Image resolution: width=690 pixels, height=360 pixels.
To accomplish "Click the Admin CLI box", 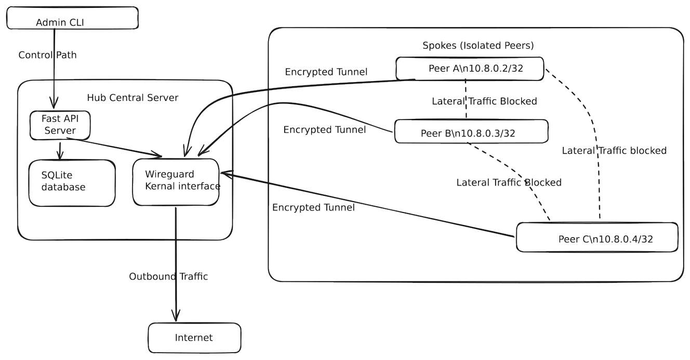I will (x=72, y=18).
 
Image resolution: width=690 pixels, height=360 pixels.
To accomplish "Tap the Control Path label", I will (x=47, y=55).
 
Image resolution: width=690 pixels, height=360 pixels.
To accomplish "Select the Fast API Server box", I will (x=59, y=125).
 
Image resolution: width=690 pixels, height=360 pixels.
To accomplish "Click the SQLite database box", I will (x=71, y=182).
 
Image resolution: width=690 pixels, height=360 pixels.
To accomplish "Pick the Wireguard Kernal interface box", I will (x=176, y=181).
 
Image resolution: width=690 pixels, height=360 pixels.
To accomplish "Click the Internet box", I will (x=194, y=338).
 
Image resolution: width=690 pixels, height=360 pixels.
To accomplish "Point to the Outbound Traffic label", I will (x=168, y=276).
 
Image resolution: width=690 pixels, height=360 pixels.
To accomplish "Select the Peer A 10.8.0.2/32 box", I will (x=470, y=69).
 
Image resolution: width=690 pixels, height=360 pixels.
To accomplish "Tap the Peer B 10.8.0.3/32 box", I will (x=471, y=131).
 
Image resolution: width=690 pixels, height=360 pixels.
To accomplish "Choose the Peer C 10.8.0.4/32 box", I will (x=597, y=238).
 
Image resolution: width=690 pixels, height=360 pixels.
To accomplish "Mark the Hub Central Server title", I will (x=132, y=98).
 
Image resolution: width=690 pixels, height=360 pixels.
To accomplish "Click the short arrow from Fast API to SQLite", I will (x=60, y=150).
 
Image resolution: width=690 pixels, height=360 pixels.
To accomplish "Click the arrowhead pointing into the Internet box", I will (x=176, y=316).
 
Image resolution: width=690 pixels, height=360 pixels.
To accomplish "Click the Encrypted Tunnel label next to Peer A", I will (x=326, y=72).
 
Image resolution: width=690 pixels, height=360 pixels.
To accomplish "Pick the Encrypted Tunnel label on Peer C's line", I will (x=313, y=207).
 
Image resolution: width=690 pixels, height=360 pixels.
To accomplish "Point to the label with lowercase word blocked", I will (x=614, y=151).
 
